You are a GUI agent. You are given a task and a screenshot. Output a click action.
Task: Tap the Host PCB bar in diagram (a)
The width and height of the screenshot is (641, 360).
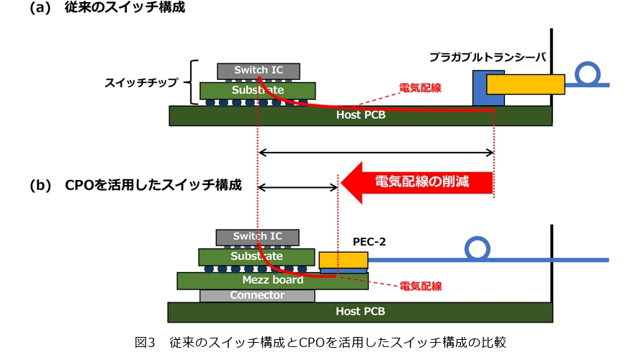pos(360,115)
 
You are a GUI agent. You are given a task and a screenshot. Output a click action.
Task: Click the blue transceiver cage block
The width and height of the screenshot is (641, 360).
pos(479,89)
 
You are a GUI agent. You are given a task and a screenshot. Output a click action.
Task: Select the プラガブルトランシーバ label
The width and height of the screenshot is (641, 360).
pos(488,56)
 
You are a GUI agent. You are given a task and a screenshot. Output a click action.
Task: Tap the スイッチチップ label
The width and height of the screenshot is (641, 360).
pos(143,81)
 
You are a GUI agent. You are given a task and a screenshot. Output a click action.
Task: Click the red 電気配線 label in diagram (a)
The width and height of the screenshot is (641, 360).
pos(420,89)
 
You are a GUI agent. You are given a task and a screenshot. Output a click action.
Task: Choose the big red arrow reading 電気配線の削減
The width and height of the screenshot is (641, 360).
pos(418,182)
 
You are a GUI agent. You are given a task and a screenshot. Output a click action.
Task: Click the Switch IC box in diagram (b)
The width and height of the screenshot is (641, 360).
pos(257,237)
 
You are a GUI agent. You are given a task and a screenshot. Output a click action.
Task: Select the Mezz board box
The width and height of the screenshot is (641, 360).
pos(272,280)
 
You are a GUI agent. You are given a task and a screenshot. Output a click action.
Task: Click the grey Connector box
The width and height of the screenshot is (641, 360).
pos(257,295)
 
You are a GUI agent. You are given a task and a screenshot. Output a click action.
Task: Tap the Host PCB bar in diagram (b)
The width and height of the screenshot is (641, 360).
pos(360,312)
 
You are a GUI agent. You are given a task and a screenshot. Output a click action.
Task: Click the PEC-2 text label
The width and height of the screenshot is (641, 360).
pos(369,242)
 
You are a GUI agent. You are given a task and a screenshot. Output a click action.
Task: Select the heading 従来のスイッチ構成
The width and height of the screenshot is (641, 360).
pos(133,9)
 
